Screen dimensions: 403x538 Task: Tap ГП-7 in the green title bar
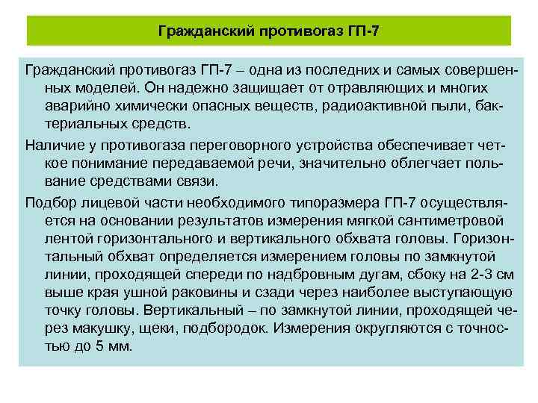[x=365, y=31]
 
